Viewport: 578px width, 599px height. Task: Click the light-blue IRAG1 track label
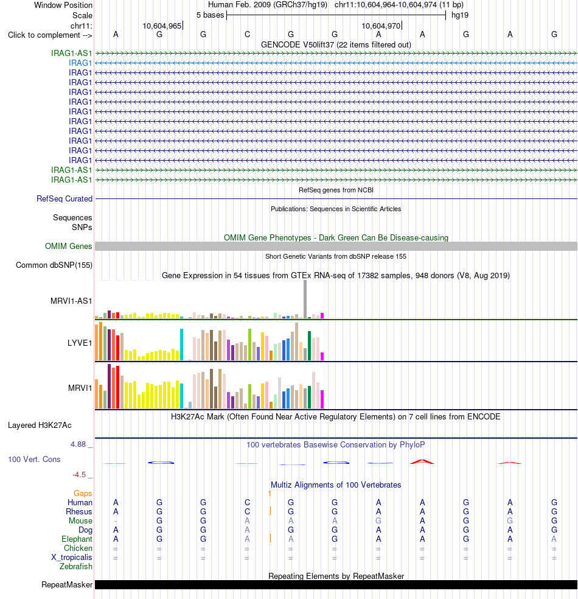(x=80, y=63)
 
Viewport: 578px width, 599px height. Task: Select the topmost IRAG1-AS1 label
(x=72, y=53)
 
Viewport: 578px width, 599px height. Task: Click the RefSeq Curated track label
(x=64, y=198)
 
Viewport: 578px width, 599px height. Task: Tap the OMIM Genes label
(x=68, y=247)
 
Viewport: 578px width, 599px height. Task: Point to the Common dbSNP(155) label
(x=54, y=265)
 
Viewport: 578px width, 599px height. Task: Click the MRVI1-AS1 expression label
(x=71, y=301)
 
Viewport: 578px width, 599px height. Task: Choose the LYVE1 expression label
(x=80, y=343)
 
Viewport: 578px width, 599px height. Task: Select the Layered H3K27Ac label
(x=40, y=425)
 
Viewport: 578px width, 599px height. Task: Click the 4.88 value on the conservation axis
(x=78, y=444)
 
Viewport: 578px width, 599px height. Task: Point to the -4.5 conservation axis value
(x=79, y=475)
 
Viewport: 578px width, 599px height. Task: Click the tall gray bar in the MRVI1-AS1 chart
(x=305, y=299)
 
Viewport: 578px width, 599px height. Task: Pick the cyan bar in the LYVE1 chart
(x=182, y=344)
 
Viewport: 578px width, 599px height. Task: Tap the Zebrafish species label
(x=76, y=567)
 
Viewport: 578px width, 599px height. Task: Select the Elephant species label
(x=77, y=539)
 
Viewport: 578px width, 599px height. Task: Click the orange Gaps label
(x=83, y=494)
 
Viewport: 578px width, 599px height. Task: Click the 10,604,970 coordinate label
(x=381, y=26)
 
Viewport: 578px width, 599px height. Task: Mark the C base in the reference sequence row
(x=248, y=35)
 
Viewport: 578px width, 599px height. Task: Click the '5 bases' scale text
(x=211, y=15)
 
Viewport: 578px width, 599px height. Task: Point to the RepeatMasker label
(x=67, y=585)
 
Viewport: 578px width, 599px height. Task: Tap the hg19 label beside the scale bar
(x=460, y=15)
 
